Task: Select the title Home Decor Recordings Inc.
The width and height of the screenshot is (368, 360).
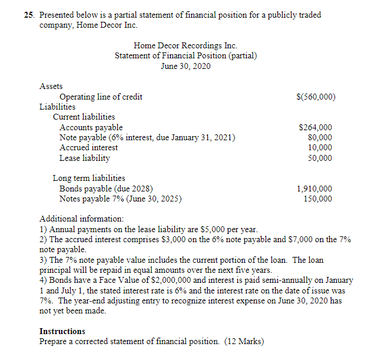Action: click(x=185, y=45)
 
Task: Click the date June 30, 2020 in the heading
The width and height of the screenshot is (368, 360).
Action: click(x=185, y=65)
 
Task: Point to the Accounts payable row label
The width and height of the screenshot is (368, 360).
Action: click(x=91, y=127)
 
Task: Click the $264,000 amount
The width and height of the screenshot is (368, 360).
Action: click(x=315, y=127)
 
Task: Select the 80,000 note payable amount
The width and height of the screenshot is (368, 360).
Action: click(x=320, y=137)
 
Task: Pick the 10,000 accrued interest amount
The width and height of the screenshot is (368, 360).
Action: click(x=320, y=147)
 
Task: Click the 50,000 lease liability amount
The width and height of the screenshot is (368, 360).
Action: click(x=320, y=158)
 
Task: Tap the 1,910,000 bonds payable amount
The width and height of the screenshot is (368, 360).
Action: click(x=314, y=189)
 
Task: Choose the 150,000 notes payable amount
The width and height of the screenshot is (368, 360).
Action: click(x=318, y=199)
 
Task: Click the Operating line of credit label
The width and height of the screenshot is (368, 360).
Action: click(x=101, y=97)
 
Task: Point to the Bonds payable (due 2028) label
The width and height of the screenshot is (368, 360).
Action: click(x=106, y=189)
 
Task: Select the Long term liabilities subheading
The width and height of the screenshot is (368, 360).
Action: click(x=89, y=178)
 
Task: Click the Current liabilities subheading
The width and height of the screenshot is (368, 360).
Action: click(x=84, y=117)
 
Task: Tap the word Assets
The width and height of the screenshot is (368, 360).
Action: click(x=51, y=86)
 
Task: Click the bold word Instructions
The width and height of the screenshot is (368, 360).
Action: click(x=62, y=331)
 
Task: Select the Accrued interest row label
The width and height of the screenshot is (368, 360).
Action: click(x=88, y=147)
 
